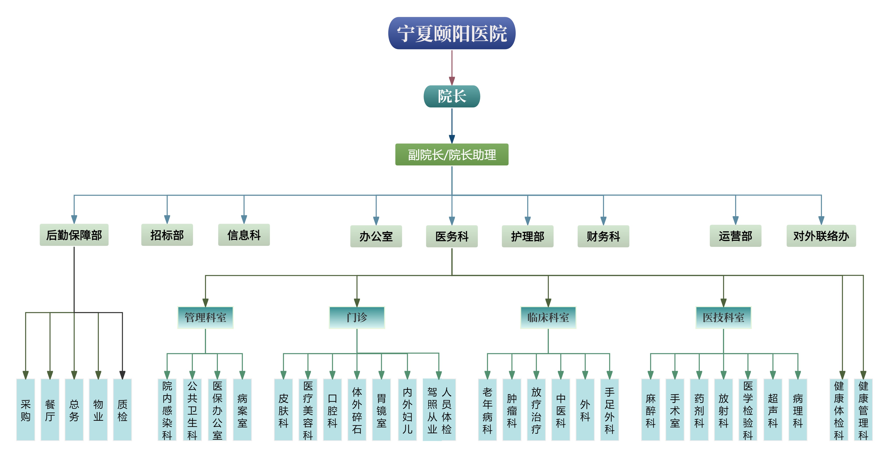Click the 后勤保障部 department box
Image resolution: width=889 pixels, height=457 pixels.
[x=74, y=235]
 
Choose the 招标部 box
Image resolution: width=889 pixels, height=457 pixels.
[x=167, y=235]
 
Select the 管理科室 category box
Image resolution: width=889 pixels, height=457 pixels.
[x=205, y=317]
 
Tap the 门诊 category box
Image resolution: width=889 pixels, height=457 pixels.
[x=357, y=317]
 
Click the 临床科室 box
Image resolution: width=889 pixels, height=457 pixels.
[x=548, y=317]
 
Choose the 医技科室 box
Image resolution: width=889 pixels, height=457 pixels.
[x=723, y=317]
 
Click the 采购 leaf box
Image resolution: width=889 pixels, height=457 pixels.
[x=25, y=410]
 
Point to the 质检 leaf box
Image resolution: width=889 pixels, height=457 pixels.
[x=122, y=410]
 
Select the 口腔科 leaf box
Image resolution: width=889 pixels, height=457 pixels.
[x=332, y=410]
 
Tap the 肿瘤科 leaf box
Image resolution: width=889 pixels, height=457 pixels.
[x=512, y=410]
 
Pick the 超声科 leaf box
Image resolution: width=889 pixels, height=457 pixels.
[x=773, y=410]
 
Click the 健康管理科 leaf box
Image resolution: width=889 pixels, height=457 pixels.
[x=863, y=410]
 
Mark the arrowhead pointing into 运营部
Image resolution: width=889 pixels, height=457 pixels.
[x=735, y=220]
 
